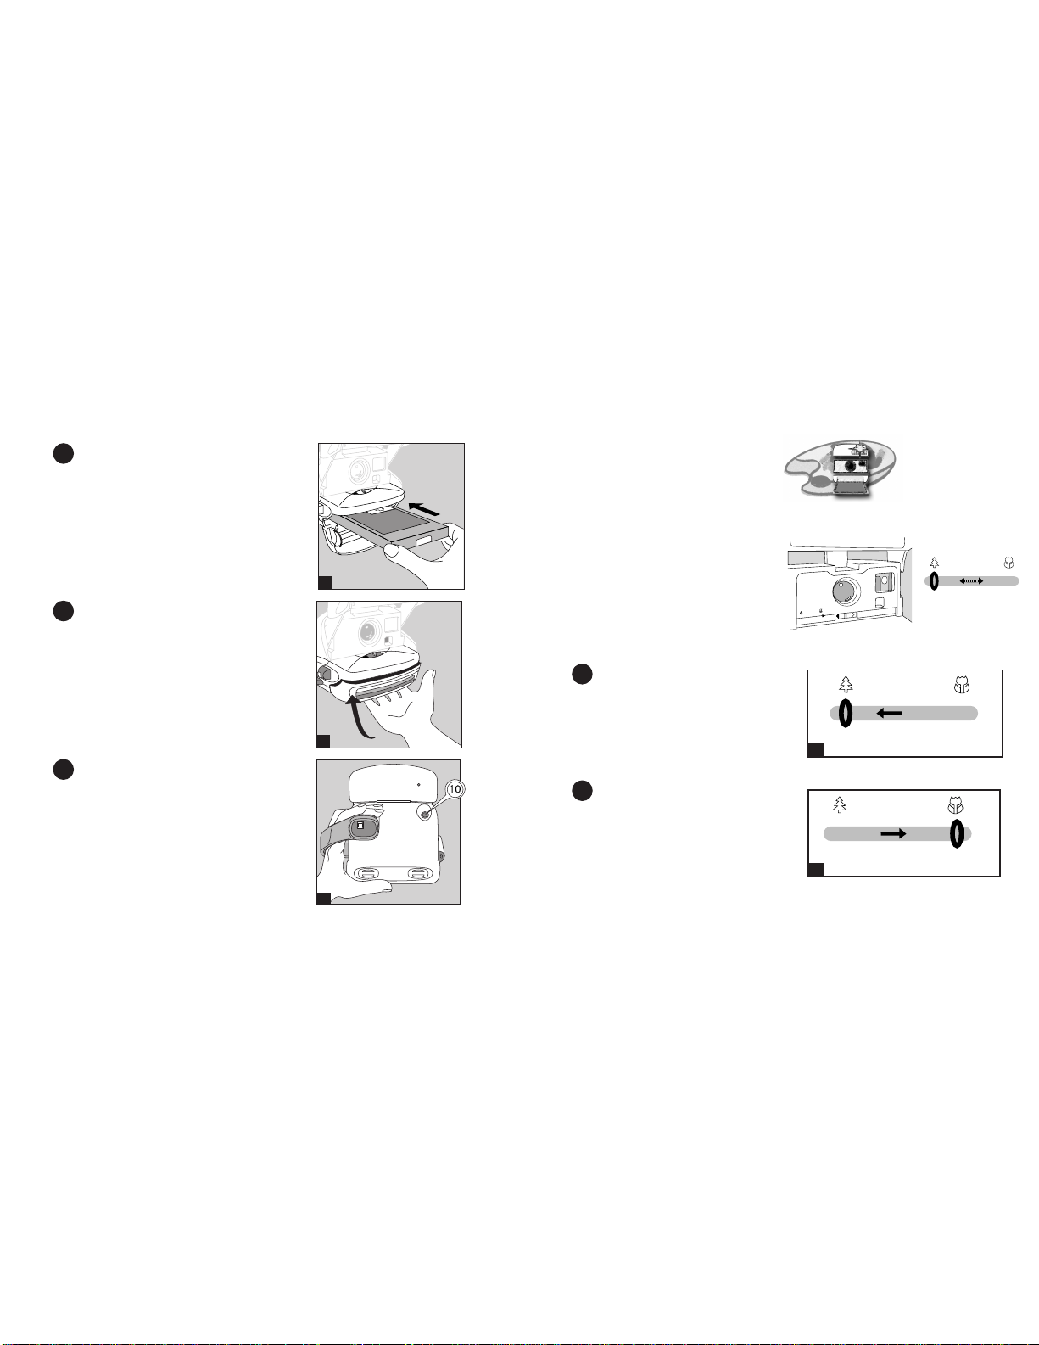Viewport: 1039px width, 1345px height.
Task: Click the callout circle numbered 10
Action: (455, 789)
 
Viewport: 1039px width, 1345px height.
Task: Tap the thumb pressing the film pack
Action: (394, 550)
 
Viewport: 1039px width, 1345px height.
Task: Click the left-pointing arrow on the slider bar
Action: (890, 714)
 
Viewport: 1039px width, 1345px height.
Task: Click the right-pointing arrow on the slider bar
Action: (893, 834)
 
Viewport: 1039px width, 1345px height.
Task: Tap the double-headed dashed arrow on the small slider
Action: (971, 581)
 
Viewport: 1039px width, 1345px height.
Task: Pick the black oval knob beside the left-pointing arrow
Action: (845, 713)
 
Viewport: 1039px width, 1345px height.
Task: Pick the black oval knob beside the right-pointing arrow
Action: (956, 834)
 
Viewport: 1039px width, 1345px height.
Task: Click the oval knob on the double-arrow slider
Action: (934, 581)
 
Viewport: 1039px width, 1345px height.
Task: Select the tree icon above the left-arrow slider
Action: (846, 683)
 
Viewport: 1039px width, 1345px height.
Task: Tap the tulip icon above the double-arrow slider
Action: (1008, 563)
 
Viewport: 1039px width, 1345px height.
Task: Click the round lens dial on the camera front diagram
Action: (846, 591)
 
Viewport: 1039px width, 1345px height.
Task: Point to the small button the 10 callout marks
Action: (425, 814)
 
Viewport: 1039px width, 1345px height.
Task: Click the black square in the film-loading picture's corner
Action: (326, 582)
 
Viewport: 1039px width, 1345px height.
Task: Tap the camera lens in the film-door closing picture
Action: (366, 631)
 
